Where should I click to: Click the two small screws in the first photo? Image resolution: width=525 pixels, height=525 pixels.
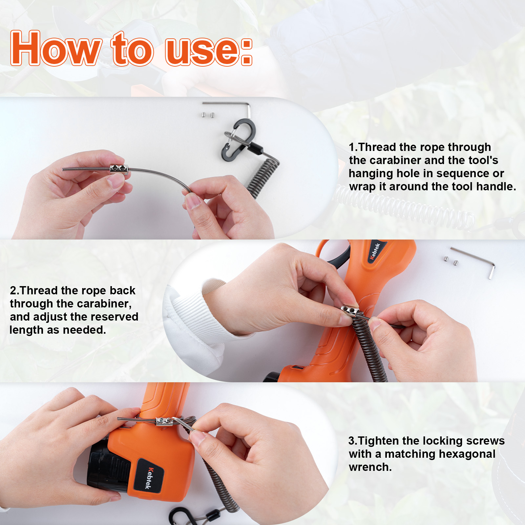click(x=207, y=115)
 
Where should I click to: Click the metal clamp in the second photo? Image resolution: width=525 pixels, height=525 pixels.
click(x=350, y=310)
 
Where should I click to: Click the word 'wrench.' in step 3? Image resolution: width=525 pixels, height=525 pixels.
click(x=370, y=467)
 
